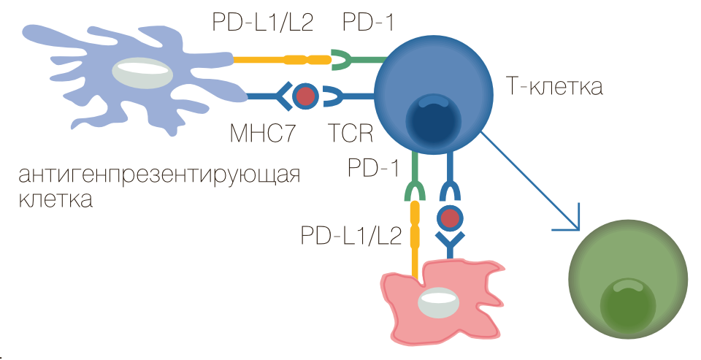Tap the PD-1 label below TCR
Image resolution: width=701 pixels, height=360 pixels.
(372, 168)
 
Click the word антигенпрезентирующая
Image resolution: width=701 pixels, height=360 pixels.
(160, 177)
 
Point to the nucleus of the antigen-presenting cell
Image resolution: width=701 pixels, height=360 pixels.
(143, 74)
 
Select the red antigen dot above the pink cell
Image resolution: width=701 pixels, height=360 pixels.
(450, 217)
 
